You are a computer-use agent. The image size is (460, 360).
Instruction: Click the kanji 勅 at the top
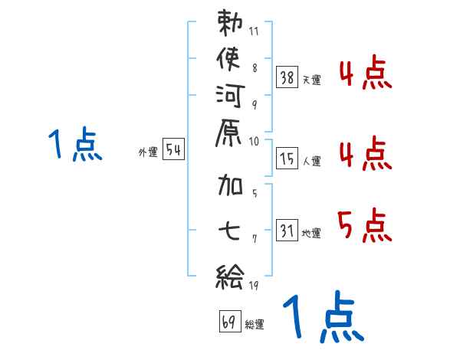229,25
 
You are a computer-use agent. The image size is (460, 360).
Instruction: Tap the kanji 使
229,61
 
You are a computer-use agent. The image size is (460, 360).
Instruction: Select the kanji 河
229,97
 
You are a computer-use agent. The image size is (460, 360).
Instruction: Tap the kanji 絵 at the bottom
229,273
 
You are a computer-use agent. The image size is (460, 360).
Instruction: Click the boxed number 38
287,77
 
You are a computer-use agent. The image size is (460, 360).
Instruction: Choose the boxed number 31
287,230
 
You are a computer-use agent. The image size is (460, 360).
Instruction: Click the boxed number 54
173,150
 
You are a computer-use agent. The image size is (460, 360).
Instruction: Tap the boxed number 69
229,322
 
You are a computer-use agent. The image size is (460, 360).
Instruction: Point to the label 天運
312,80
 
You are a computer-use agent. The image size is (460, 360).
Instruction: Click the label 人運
312,161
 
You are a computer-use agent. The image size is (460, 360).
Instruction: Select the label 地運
312,233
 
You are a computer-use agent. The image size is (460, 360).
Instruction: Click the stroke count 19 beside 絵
255,286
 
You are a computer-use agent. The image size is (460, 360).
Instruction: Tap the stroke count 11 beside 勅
254,32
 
